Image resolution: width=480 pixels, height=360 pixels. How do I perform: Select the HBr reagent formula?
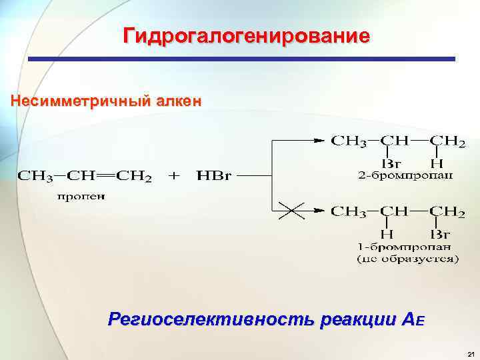coord(213,177)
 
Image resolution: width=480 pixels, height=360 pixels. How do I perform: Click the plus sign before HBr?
coord(173,177)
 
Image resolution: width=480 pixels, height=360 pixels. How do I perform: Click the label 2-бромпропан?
coord(403,175)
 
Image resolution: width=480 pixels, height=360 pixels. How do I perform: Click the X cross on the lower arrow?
coord(291,211)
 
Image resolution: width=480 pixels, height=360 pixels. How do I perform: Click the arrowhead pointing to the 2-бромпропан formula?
coord(318,141)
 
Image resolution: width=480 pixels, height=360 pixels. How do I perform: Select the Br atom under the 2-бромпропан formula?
coord(389,163)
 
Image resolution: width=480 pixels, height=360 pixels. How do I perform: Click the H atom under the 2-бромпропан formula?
coord(437,163)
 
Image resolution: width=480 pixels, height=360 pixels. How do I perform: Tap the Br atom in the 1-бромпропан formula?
coord(440,234)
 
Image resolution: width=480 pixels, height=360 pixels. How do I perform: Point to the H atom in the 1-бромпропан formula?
coord(386,234)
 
